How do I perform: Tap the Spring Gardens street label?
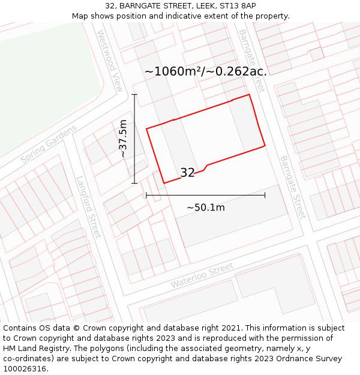pyautogui.click(x=49, y=144)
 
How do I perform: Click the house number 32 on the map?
pyautogui.click(x=187, y=173)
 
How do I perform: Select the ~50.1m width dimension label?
pyautogui.click(x=205, y=208)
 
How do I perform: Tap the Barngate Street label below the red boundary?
pyautogui.click(x=293, y=187)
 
